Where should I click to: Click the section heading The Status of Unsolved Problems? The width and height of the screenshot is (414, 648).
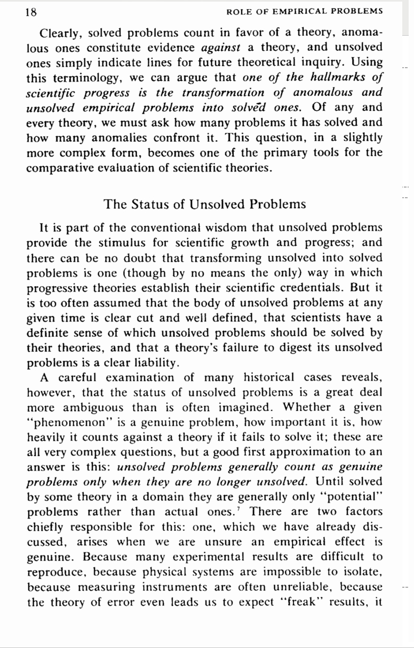click(205, 204)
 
